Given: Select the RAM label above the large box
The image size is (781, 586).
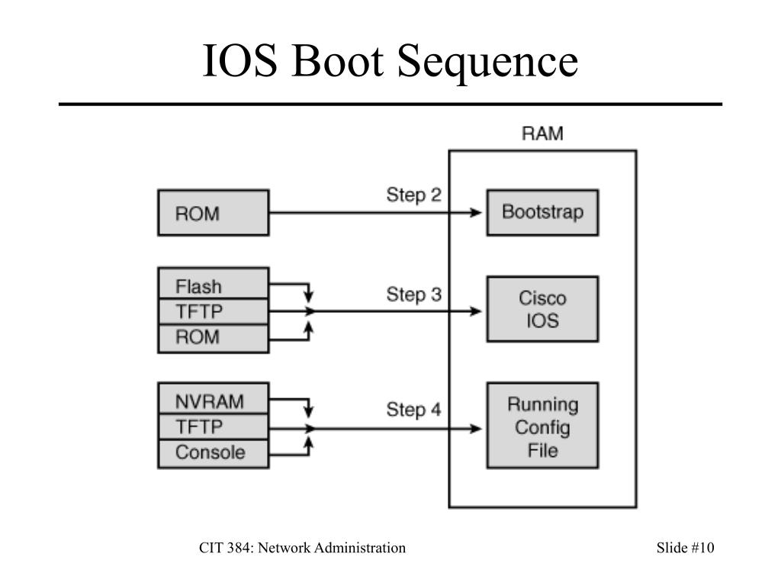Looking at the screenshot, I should (x=542, y=134).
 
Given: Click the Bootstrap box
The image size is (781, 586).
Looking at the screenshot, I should (x=542, y=212).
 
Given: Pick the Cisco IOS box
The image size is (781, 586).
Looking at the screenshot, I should (x=542, y=308).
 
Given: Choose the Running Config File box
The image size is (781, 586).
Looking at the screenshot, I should (x=542, y=426).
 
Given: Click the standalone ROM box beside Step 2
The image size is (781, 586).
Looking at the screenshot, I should (x=213, y=213).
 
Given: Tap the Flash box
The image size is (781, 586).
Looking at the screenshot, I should (x=213, y=287).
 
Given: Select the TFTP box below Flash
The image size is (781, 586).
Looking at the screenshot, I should (x=213, y=311).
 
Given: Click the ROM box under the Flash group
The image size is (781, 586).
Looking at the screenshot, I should (x=213, y=337).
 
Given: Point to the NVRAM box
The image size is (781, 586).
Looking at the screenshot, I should (x=213, y=401).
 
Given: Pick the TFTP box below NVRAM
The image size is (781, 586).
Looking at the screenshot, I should (x=213, y=427).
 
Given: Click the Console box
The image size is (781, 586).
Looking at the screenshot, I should (x=213, y=452).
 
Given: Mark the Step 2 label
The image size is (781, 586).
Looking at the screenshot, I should (x=413, y=195).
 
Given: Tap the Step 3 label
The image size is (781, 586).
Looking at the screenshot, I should (x=413, y=294).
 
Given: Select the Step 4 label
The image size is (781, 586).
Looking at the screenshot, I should (x=413, y=410).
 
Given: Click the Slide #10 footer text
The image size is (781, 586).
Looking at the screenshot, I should (x=685, y=548).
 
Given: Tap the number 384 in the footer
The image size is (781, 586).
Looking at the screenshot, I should (x=235, y=548).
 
